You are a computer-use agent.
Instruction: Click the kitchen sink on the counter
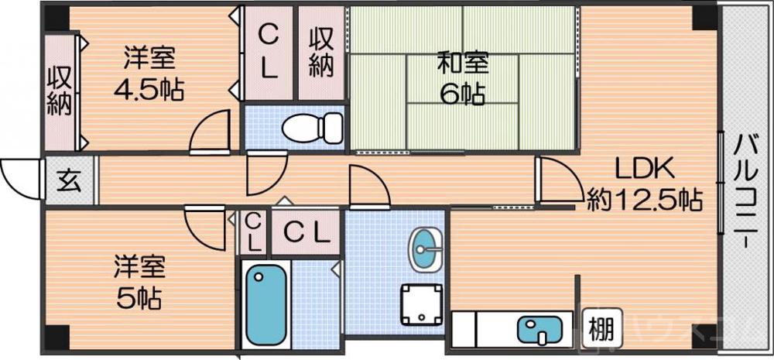[x=539, y=331]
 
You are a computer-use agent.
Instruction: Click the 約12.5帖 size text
[x=644, y=201]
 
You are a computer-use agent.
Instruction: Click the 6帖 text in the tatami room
[x=462, y=94]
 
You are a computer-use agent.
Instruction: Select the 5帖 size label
[x=142, y=297]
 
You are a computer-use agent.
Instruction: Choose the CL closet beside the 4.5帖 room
[x=268, y=52]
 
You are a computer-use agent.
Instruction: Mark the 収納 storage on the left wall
[x=59, y=91]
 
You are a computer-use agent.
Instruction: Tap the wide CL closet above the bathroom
[x=304, y=231]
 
